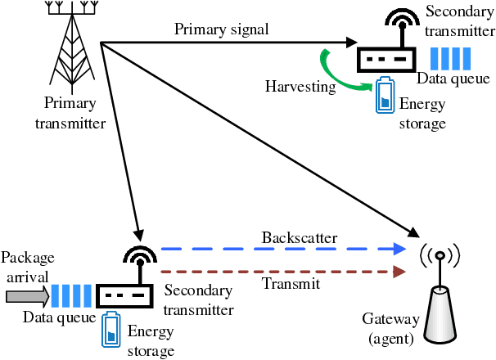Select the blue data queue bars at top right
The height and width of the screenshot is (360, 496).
[x=450, y=58]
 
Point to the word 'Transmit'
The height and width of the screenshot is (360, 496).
[x=290, y=284]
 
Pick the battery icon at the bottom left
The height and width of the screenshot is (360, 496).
[x=110, y=331]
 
